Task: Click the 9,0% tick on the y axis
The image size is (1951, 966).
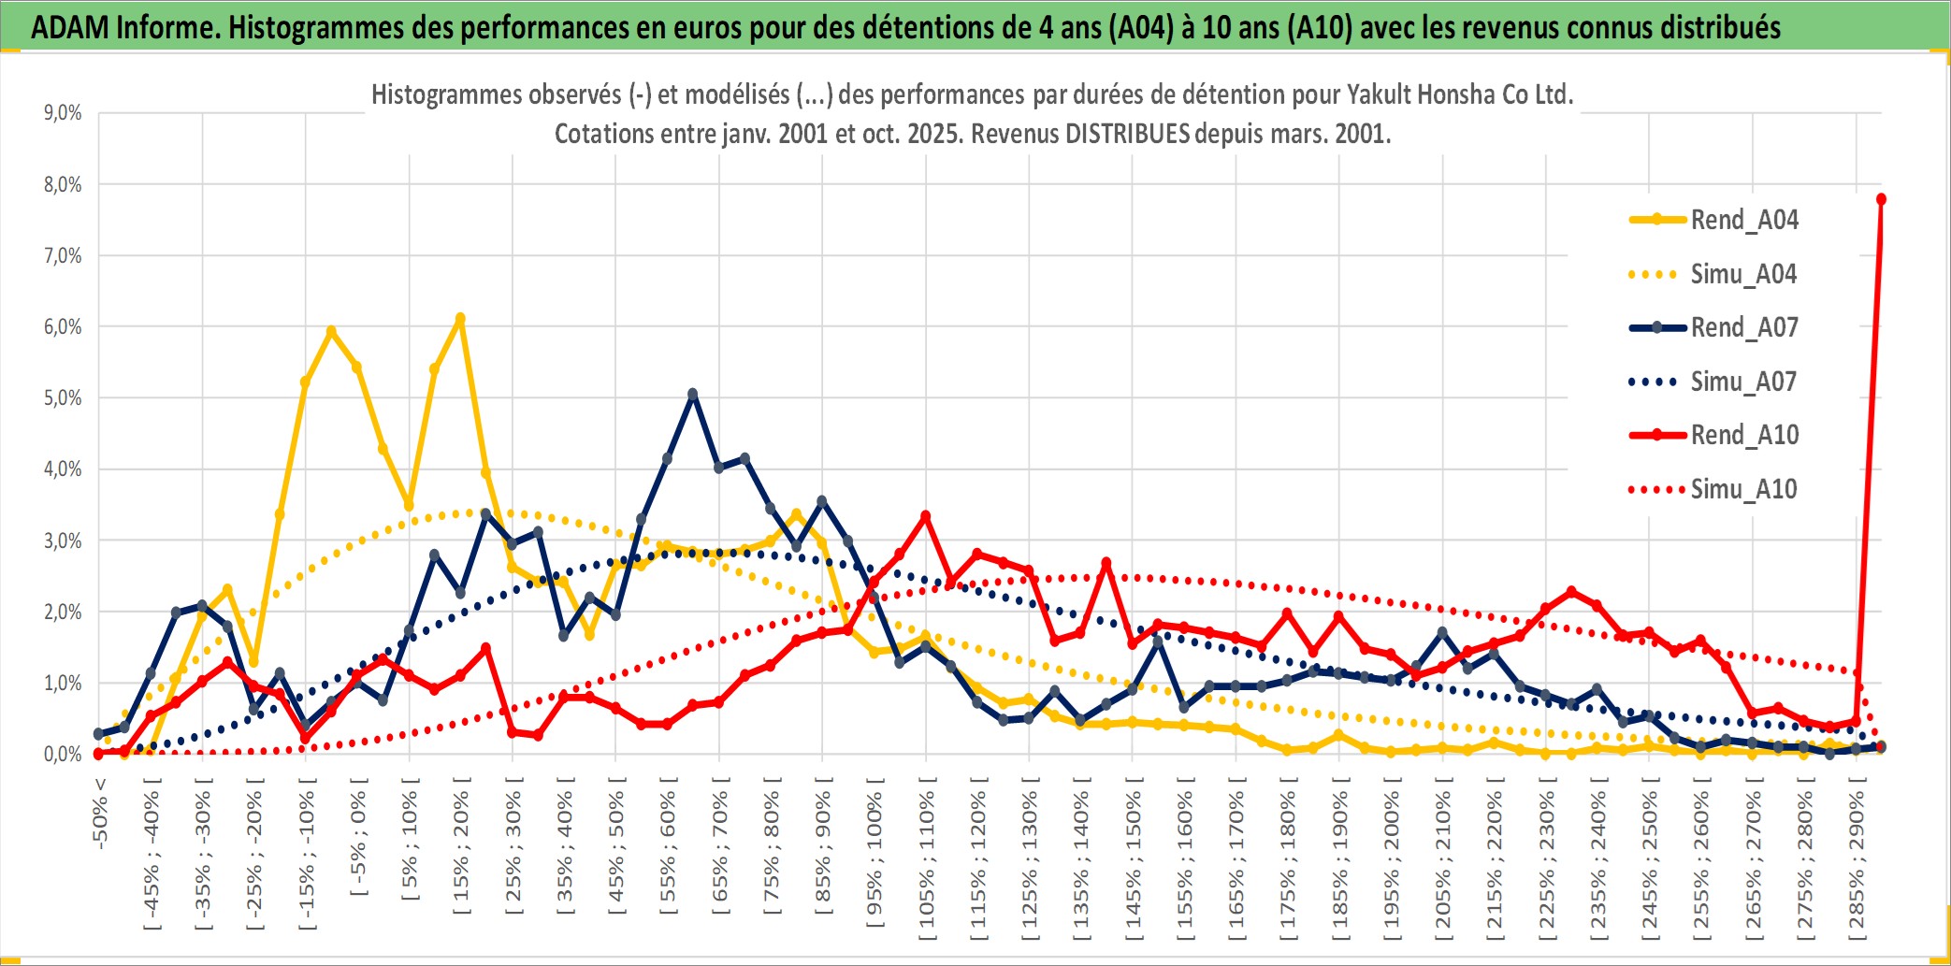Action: [63, 113]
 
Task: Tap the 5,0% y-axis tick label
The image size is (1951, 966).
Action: [63, 398]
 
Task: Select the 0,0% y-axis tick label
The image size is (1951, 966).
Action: [63, 754]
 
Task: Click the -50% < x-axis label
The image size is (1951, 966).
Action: [100, 814]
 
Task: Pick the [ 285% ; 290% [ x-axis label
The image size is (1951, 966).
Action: [1857, 860]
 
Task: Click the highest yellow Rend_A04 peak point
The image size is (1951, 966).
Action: [460, 319]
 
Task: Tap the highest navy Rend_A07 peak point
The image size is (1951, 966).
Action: [693, 394]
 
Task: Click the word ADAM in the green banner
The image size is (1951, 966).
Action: [70, 27]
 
